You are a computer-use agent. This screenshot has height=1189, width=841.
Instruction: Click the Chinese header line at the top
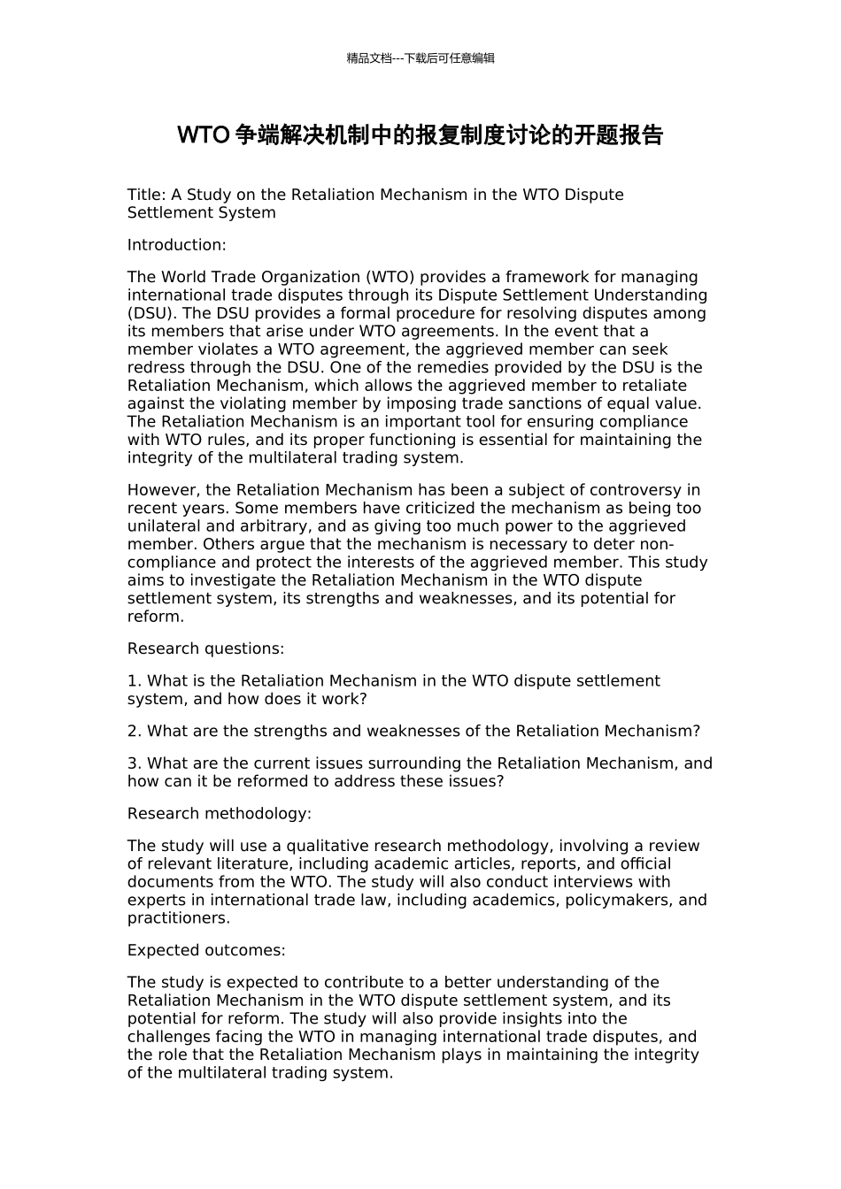click(x=420, y=58)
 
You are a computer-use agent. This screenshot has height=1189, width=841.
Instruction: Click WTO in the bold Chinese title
click(x=203, y=135)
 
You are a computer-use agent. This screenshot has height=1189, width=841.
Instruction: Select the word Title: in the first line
click(x=146, y=195)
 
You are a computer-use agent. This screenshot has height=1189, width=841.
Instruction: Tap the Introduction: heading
click(x=176, y=245)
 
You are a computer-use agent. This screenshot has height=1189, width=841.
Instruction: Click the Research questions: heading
click(x=205, y=648)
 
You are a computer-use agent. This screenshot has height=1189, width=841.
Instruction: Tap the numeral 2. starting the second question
click(x=135, y=732)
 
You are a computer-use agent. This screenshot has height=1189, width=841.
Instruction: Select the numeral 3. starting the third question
click(x=135, y=763)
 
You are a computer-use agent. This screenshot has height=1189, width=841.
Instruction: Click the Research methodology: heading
click(x=219, y=814)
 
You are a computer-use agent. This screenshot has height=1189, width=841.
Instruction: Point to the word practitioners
click(x=176, y=918)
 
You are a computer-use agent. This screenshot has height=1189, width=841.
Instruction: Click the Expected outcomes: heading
click(x=206, y=950)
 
